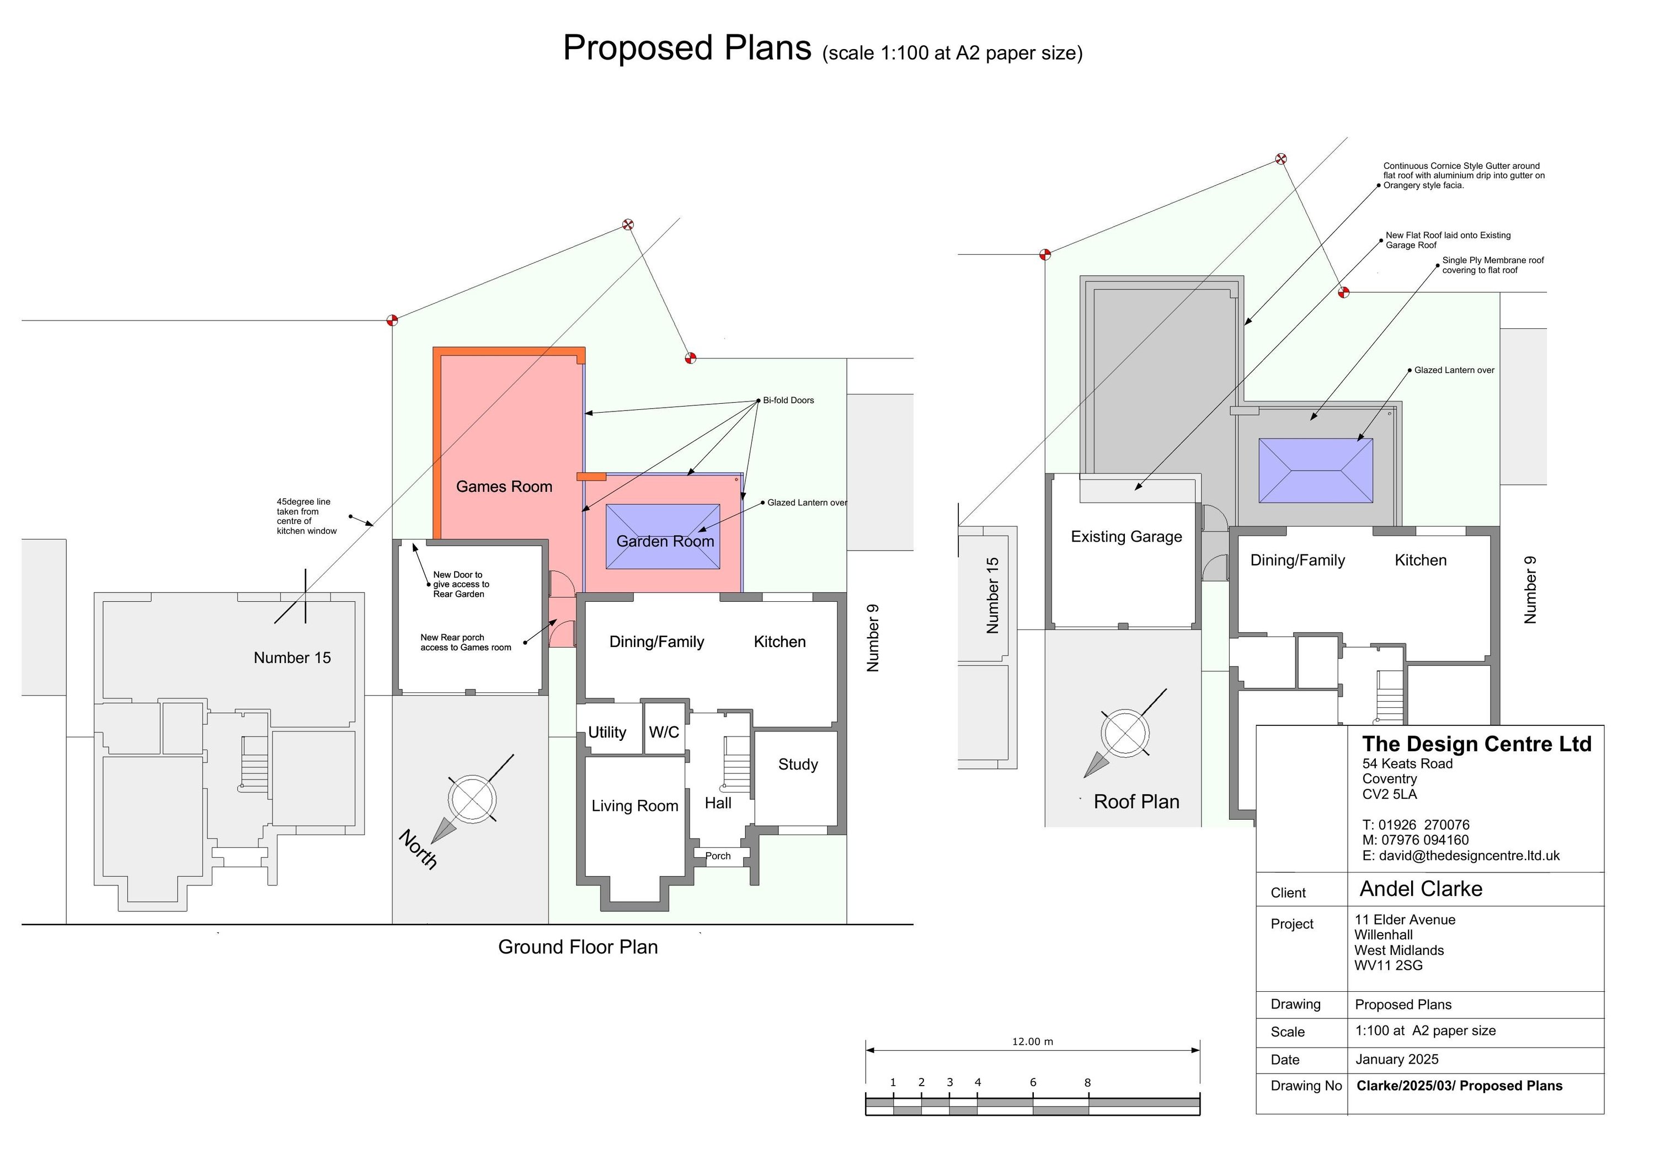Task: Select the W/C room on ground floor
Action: (664, 733)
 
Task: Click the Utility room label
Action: (607, 733)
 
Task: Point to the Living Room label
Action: (634, 806)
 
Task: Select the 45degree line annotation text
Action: (306, 516)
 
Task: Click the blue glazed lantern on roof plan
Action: (1316, 471)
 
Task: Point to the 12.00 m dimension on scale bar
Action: (1032, 1041)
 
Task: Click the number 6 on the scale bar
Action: (1033, 1082)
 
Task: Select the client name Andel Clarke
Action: (1421, 889)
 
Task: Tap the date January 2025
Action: (1396, 1059)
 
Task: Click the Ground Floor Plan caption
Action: (578, 947)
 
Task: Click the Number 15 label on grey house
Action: (292, 658)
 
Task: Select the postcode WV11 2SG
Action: (1389, 965)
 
